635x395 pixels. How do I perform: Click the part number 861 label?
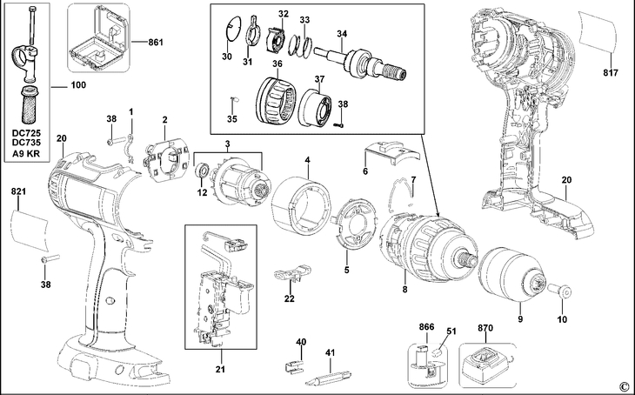point(156,41)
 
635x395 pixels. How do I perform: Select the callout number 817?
point(609,72)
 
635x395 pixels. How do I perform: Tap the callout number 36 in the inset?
point(276,64)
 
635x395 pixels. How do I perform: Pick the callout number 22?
point(290,298)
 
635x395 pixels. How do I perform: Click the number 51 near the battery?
point(451,330)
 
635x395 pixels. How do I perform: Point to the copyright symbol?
point(623,385)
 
